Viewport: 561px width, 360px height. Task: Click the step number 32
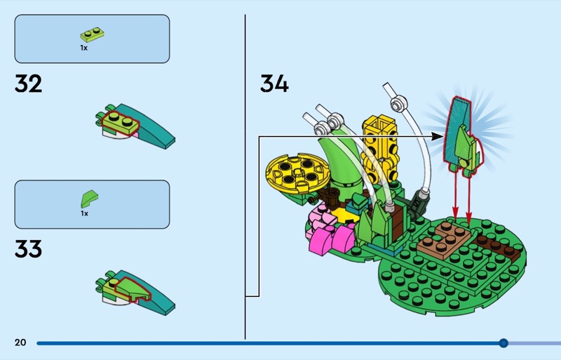(28, 84)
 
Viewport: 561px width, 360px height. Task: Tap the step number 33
(28, 249)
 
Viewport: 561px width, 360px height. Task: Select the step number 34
(274, 84)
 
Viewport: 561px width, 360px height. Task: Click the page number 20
(20, 342)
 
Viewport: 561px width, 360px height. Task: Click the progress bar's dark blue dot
(503, 343)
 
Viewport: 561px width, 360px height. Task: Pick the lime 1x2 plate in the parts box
(93, 34)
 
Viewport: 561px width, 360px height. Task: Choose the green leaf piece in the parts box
(89, 199)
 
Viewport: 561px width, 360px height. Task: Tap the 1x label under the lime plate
(83, 48)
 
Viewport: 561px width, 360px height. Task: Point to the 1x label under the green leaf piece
(84, 213)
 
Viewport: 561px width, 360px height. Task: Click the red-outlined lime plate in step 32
(120, 122)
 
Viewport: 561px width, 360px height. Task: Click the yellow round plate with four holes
(296, 173)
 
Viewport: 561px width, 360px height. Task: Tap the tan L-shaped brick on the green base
(445, 240)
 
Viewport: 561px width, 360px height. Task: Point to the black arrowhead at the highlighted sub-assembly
(438, 136)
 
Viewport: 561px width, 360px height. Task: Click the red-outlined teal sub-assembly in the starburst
(463, 136)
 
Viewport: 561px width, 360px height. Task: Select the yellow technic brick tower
(380, 149)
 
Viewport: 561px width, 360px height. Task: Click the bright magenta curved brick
(332, 239)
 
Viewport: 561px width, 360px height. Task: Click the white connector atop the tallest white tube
(398, 104)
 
